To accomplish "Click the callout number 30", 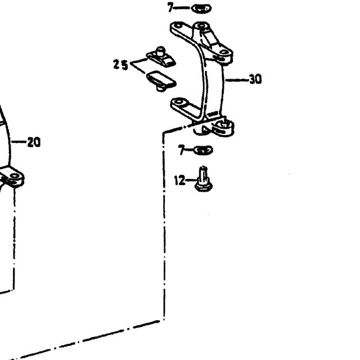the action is click(x=255, y=79).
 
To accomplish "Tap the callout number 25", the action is click(x=120, y=65).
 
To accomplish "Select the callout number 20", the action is click(x=34, y=142).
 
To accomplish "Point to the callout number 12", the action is click(x=179, y=180).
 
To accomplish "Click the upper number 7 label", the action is click(x=170, y=7).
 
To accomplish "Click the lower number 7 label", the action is click(x=182, y=150).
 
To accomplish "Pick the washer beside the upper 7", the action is click(x=201, y=8).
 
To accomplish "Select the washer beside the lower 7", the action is click(x=204, y=150).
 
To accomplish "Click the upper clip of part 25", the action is click(x=161, y=57).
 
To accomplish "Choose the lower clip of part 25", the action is click(x=161, y=80).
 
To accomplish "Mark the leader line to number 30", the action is click(x=237, y=80).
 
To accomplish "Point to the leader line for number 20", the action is click(x=19, y=142).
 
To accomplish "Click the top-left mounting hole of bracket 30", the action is click(x=177, y=25).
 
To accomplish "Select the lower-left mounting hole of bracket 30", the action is click(x=179, y=101).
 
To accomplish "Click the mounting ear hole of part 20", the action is click(x=15, y=176).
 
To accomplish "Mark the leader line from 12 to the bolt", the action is click(x=190, y=180).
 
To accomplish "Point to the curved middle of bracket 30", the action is click(x=213, y=80).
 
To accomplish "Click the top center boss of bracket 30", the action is click(x=201, y=26).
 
